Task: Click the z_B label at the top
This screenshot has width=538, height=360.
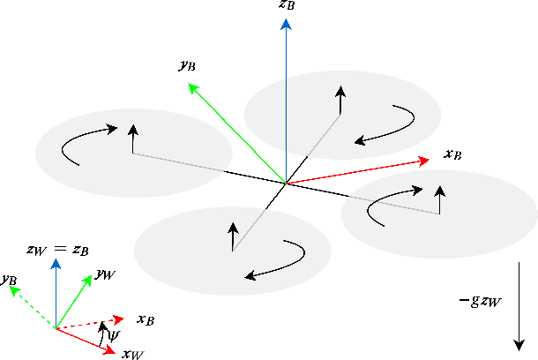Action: point(286,5)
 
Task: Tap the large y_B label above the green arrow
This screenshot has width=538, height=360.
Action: point(186,65)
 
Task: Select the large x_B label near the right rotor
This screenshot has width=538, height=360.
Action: point(453,155)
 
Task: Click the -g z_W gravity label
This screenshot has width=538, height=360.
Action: point(481,301)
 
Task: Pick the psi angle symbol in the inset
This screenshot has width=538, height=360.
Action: point(110,334)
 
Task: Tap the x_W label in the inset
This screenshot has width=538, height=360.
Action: point(132,355)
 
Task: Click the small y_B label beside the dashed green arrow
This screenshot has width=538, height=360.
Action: point(10,280)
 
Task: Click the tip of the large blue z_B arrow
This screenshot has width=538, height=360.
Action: point(286,21)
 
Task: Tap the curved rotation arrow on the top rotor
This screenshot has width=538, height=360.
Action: point(388,125)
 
